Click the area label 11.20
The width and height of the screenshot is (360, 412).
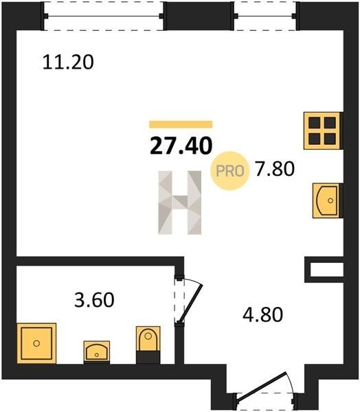click(68, 62)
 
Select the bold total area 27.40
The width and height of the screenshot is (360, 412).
click(181, 146)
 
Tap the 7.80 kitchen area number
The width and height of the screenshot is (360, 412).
click(275, 169)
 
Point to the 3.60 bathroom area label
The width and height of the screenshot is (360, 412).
click(94, 300)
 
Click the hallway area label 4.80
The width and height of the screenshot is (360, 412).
click(262, 314)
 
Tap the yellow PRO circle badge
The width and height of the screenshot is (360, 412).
click(229, 171)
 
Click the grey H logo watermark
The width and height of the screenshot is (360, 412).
click(180, 203)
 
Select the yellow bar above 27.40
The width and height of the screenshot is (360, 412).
click(181, 124)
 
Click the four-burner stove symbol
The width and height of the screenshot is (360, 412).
click(322, 130)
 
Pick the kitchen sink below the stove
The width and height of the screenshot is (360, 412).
click(326, 201)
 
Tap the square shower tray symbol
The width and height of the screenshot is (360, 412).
click(36, 343)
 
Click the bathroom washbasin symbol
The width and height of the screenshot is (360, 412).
click(97, 352)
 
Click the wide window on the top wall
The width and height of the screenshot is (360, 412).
click(104, 16)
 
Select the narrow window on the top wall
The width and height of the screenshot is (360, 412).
click(265, 16)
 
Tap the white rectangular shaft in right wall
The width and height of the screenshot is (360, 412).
click(327, 270)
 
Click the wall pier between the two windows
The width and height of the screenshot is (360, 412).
click(199, 16)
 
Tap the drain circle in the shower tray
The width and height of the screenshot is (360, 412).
click(36, 343)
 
